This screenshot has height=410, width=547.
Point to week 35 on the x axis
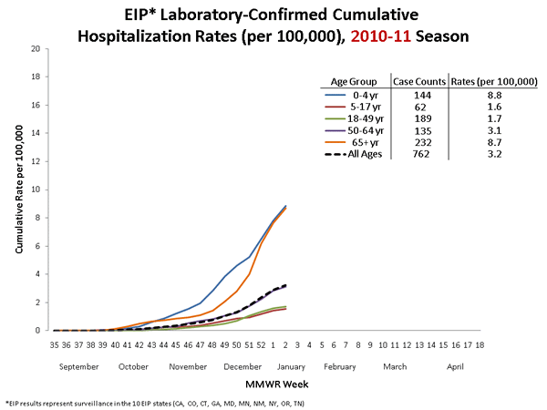(55, 345)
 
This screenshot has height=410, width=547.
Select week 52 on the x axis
(260, 345)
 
